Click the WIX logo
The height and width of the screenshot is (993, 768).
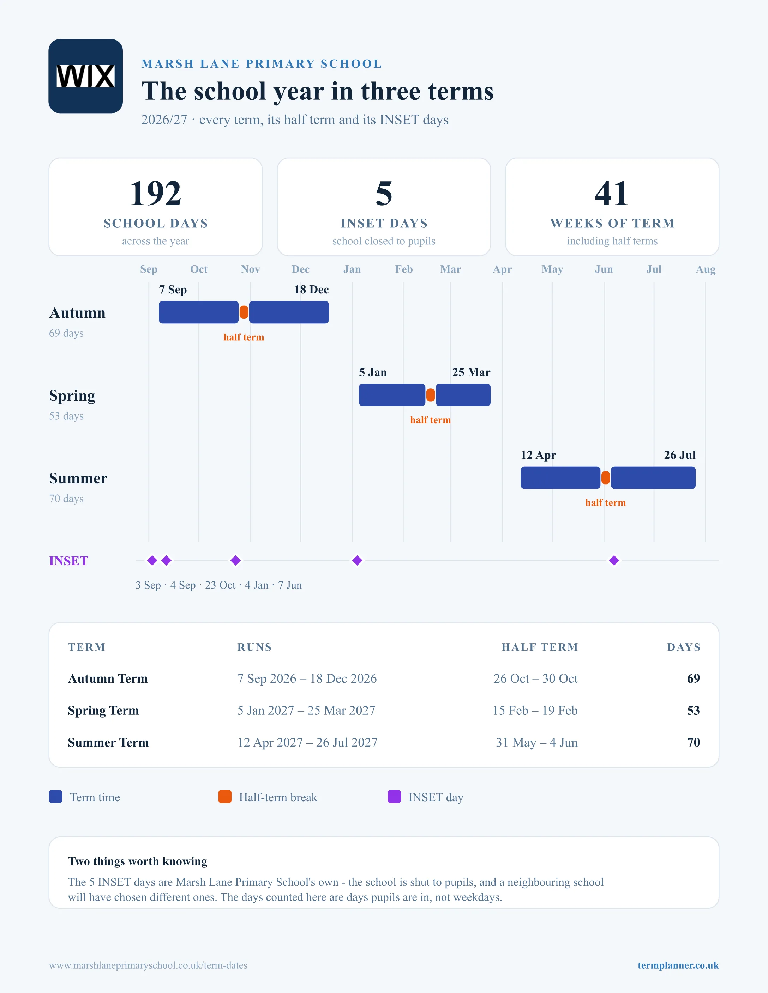pos(85,76)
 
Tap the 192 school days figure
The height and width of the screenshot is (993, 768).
pos(156,193)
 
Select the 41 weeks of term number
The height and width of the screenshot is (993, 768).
pos(612,193)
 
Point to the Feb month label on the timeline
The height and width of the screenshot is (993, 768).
pos(403,269)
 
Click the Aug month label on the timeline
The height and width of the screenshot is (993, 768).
pos(706,269)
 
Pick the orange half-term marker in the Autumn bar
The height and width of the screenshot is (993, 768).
pos(244,312)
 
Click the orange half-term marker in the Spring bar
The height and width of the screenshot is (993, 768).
pos(430,395)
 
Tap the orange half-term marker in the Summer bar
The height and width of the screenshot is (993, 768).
pos(606,478)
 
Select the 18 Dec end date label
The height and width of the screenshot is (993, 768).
pos(311,290)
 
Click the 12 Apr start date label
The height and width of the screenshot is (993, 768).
pos(538,455)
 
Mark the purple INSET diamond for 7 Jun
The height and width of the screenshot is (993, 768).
pos(614,561)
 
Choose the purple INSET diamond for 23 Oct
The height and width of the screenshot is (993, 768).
pos(235,561)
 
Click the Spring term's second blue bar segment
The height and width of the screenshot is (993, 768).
pos(463,395)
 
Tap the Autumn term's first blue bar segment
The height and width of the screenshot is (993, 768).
pos(199,312)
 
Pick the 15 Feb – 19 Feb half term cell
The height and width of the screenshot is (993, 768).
pos(535,710)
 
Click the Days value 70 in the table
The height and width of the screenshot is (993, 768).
pos(694,742)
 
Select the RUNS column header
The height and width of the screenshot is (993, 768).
pos(254,647)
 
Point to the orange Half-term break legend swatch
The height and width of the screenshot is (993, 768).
pos(225,797)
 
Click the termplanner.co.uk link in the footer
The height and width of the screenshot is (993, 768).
pos(678,965)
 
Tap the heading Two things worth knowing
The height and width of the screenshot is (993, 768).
pos(137,861)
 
